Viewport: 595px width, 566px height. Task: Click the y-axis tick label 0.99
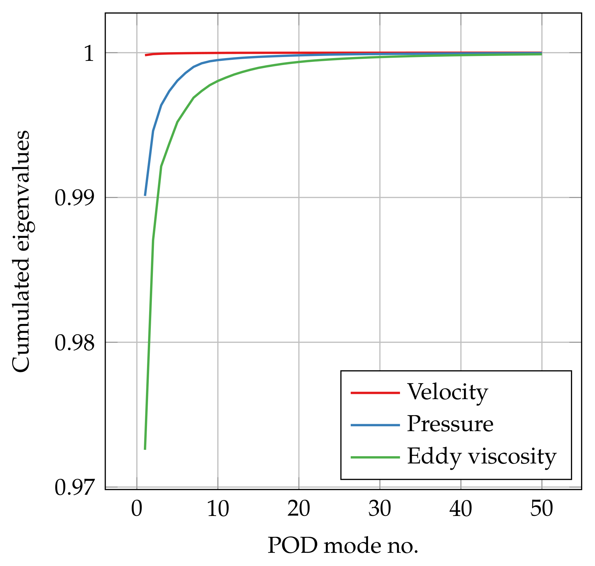(74, 199)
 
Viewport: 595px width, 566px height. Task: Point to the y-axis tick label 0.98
(74, 343)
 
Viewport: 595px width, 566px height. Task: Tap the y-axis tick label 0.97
(74, 488)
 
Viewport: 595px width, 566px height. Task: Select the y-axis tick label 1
(89, 54)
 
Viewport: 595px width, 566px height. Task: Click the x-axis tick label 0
(137, 510)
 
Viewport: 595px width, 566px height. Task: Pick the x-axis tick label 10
(218, 510)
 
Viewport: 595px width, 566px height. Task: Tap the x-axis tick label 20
(299, 510)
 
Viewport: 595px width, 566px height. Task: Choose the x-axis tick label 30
(380, 510)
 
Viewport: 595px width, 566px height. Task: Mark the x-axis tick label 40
(461, 510)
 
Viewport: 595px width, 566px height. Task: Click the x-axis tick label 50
(541, 510)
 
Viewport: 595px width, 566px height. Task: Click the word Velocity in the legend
(447, 393)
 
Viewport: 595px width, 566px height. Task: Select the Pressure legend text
(450, 424)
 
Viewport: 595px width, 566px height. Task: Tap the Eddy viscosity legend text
(481, 456)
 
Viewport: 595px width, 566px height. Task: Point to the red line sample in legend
(375, 393)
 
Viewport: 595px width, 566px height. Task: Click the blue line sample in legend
(375, 425)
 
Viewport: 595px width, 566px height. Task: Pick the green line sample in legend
(375, 457)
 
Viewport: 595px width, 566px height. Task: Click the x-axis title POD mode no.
(343, 546)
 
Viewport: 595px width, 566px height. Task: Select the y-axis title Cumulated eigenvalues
(22, 251)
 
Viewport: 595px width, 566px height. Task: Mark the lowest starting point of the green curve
(145, 449)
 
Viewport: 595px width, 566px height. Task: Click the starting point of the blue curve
(145, 195)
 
